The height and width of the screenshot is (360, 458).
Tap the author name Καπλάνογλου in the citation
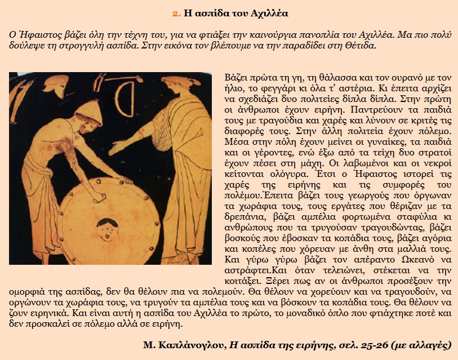pyautogui.click(x=193, y=344)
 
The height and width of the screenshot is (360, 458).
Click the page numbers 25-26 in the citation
pyautogui.click(x=379, y=344)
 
